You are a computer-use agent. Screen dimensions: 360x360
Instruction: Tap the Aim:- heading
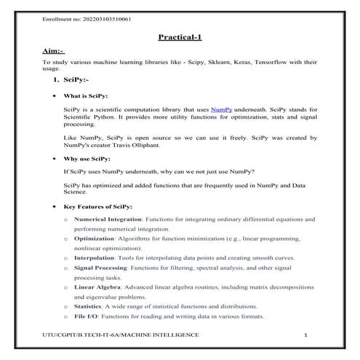54,52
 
